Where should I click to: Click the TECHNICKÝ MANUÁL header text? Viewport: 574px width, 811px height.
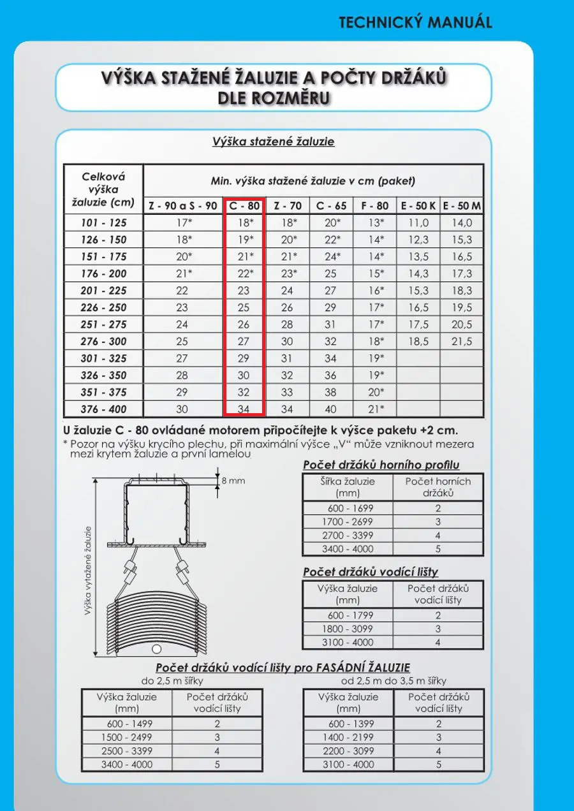(415, 22)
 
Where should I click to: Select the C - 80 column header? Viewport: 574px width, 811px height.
(244, 206)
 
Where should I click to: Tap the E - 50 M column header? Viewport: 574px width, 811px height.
(462, 206)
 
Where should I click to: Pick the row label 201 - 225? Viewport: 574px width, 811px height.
(103, 291)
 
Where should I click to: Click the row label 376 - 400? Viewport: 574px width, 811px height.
(103, 409)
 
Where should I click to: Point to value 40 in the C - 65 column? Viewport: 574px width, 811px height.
(331, 409)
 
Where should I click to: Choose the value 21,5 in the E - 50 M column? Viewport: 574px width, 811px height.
(462, 342)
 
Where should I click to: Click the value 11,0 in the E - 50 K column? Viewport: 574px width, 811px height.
(418, 223)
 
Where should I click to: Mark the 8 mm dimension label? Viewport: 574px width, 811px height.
(233, 481)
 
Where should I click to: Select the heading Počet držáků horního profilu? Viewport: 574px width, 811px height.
(381, 465)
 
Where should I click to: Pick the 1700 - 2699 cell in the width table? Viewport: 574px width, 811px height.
(348, 522)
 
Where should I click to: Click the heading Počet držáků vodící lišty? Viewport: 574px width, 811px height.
(371, 572)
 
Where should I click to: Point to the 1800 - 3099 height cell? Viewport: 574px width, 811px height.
(348, 629)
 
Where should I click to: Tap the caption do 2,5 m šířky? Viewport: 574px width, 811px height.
(172, 680)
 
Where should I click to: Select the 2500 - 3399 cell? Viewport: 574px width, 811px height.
(127, 750)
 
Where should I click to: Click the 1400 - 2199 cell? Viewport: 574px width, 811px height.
(348, 737)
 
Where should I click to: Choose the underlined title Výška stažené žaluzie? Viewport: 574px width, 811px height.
(273, 142)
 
